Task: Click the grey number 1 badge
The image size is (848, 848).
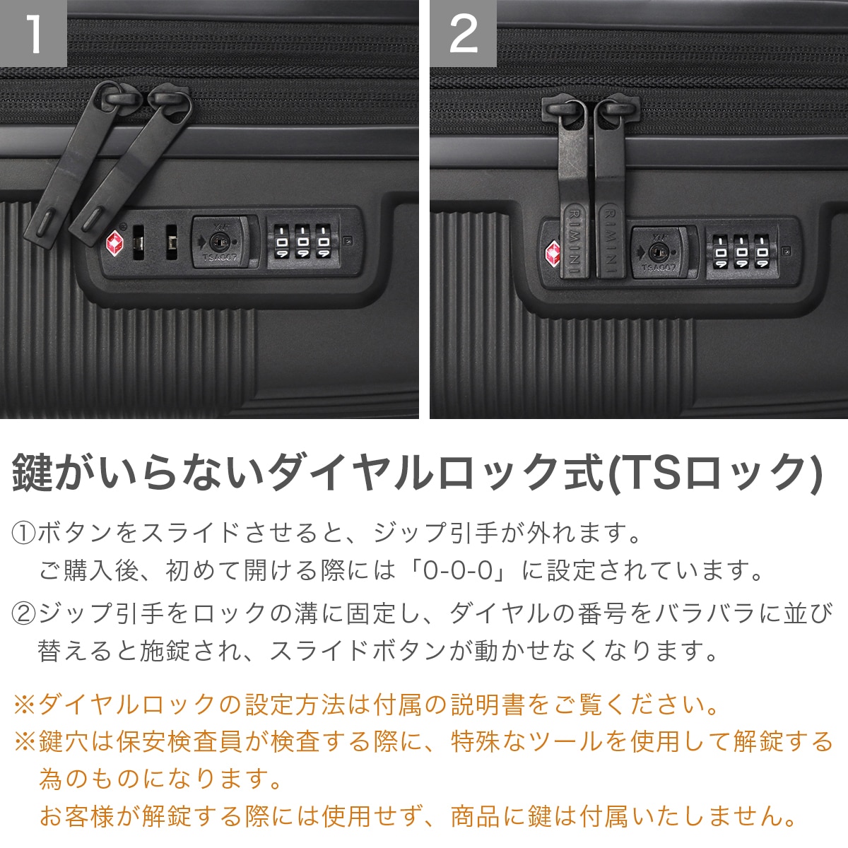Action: click(x=33, y=33)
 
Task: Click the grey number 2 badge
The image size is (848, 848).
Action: click(x=463, y=33)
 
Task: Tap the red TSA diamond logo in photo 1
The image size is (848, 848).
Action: click(x=115, y=242)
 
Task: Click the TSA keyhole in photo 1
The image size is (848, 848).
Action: click(x=216, y=241)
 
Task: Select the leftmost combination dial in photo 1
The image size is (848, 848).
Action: click(x=282, y=242)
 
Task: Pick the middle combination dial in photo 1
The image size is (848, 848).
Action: click(x=302, y=242)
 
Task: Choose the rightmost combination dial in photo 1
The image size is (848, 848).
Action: click(x=324, y=242)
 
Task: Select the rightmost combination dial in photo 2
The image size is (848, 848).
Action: click(x=762, y=252)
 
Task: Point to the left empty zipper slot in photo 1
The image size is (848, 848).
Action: click(x=139, y=242)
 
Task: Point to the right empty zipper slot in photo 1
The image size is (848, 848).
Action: click(x=172, y=242)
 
